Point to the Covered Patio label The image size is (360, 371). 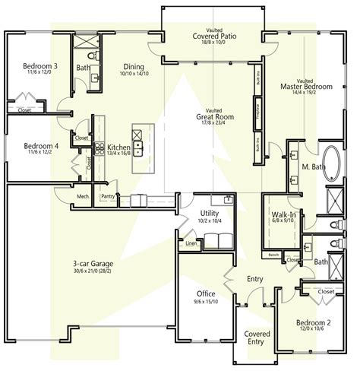211,35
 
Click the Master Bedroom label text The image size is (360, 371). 306,87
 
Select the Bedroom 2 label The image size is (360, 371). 316,323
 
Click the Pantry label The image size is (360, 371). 108,195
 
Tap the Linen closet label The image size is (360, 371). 190,244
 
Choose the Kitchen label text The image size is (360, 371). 118,146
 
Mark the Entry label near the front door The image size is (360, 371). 254,279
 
